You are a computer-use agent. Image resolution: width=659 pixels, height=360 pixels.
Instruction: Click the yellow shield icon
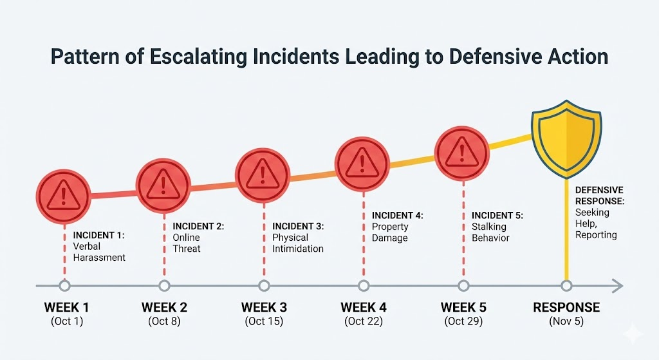click(566, 139)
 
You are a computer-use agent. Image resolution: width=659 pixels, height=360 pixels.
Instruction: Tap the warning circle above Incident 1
click(63, 192)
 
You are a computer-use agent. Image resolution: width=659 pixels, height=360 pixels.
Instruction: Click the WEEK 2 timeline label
click(164, 307)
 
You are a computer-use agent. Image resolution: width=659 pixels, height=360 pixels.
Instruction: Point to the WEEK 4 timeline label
click(364, 307)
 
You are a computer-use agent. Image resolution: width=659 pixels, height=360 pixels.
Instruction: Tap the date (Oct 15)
click(264, 321)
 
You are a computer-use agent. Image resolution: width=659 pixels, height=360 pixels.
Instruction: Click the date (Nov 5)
click(566, 321)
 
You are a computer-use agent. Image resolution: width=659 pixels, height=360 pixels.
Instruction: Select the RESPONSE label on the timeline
click(566, 307)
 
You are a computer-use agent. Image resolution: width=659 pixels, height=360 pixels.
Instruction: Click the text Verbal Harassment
click(99, 252)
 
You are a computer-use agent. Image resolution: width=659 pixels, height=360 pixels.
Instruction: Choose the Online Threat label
click(187, 243)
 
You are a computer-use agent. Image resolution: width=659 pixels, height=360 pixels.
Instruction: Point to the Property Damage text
click(390, 232)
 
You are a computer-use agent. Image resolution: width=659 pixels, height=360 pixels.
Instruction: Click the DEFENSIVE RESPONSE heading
click(599, 195)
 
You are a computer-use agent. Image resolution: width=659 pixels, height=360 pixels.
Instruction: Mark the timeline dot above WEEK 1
click(63, 286)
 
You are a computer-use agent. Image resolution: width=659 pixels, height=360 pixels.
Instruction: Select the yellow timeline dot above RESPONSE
click(566, 285)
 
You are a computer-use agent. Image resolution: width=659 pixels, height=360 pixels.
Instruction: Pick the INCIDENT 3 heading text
click(298, 227)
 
